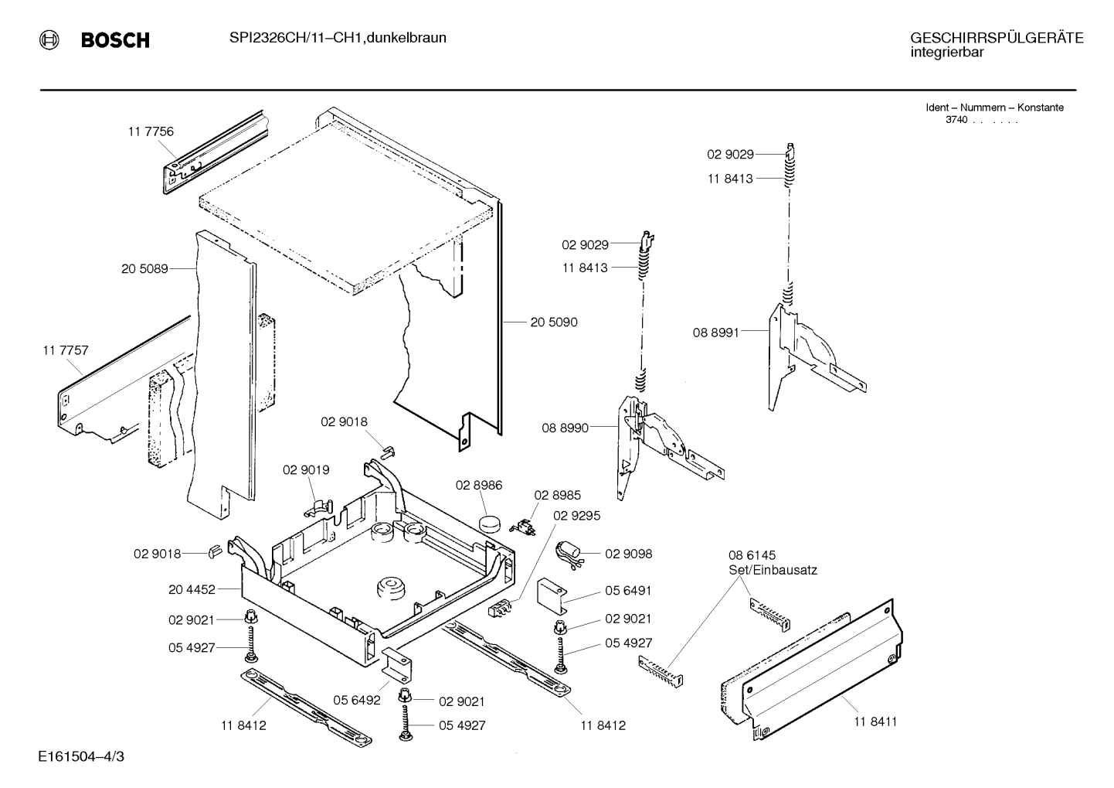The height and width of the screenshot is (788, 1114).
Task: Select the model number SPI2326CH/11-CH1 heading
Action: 337,37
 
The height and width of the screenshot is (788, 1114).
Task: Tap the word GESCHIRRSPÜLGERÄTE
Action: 996,38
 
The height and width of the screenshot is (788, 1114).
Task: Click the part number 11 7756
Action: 151,131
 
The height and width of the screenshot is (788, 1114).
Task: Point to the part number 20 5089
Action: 144,269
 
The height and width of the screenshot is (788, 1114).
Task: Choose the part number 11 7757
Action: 66,350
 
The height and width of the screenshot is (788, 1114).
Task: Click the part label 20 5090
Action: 553,322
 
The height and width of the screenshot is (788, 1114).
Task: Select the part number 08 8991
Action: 715,333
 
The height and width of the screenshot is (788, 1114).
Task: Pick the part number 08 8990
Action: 565,428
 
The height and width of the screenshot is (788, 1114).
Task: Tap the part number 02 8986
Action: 479,486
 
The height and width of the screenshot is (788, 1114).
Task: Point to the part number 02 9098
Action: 628,554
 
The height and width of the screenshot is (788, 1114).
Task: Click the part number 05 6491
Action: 628,590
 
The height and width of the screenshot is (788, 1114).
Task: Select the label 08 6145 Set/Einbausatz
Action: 772,562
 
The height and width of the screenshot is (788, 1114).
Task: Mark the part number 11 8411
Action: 875,721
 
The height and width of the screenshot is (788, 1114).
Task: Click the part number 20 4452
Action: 192,589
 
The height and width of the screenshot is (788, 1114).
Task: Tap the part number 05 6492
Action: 357,700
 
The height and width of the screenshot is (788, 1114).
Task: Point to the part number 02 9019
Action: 306,470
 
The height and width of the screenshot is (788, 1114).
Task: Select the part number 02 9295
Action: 576,515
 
